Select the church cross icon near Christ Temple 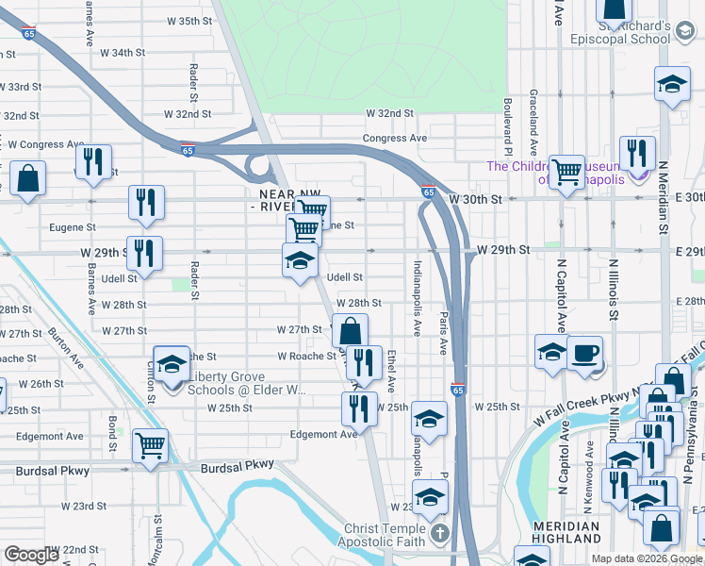point(439,536)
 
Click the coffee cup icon point(584,353)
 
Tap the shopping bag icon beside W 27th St point(350,331)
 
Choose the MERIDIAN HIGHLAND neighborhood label point(566,532)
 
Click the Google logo point(31,555)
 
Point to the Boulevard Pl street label point(507,127)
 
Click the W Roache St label point(306,357)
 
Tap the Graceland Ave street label point(533,123)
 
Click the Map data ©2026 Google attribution point(646,558)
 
